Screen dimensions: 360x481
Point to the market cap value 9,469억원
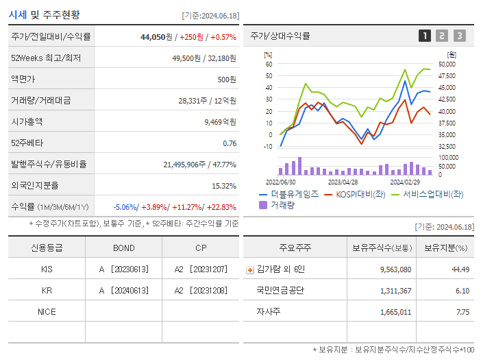coord(220,121)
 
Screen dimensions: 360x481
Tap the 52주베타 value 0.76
coord(230,143)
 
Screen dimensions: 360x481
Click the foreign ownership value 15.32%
coord(223,186)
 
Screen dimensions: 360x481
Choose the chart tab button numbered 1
coord(425,36)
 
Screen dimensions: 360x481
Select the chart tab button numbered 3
coord(459,36)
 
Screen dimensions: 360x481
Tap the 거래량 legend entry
coord(282,204)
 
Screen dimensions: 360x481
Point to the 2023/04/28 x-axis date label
coord(343,182)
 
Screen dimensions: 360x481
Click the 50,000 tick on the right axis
coord(446,64)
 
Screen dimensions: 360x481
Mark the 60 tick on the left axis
coord(269,64)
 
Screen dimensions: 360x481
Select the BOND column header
coord(124,248)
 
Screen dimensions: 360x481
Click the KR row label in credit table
coord(47,290)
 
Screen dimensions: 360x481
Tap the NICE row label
coord(47,311)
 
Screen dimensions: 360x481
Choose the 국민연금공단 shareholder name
coord(280,290)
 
